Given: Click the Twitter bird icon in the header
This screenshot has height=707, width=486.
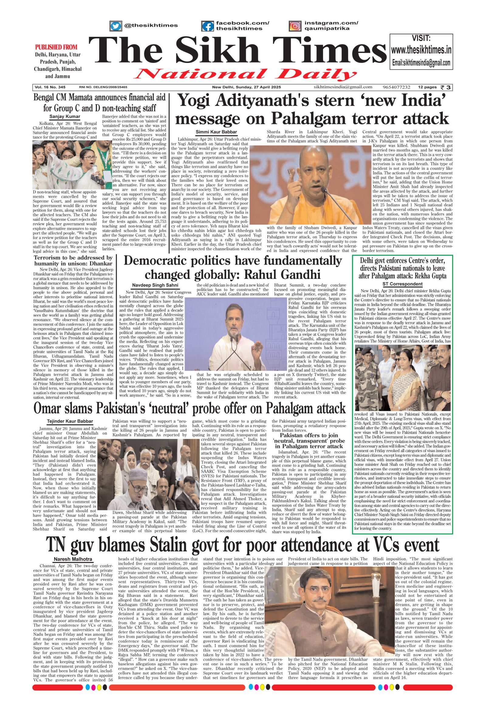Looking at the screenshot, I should tap(115, 26).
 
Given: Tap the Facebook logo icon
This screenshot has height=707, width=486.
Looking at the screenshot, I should tap(207, 26).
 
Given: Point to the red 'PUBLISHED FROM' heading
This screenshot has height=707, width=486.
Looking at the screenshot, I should tap(56, 47).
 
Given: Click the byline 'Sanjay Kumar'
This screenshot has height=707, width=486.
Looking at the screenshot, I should tap(65, 117).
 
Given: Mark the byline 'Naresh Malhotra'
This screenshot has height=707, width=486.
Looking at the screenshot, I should tap(73, 559).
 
